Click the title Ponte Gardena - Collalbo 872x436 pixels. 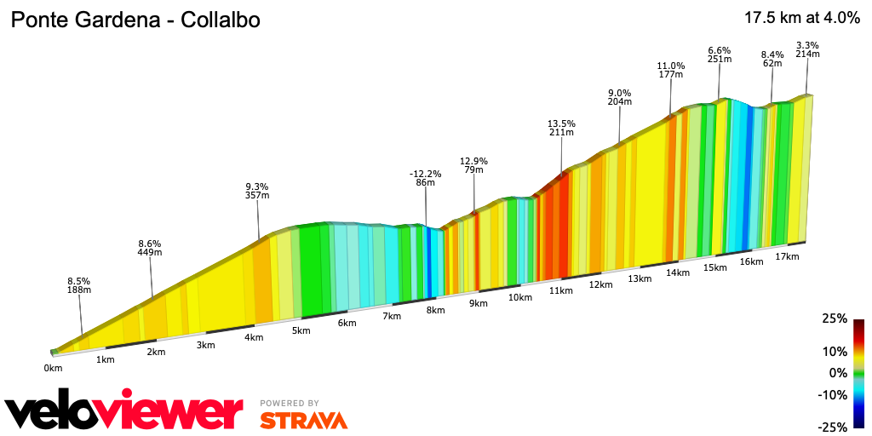pos(135,19)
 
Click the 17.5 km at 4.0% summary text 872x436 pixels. pos(801,18)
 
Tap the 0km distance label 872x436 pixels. pos(53,368)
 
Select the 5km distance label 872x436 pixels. pos(300,330)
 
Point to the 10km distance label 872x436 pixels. pos(519,297)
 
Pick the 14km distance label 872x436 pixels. pos(678,272)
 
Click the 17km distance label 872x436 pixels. pos(788,256)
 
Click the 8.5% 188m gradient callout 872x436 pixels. pos(79,285)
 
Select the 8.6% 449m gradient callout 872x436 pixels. pos(150,247)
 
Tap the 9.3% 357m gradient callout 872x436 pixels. pos(257,191)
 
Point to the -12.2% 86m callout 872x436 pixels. pos(425,178)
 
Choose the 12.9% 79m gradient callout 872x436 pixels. pos(473,165)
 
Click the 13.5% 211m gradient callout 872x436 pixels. pos(561,127)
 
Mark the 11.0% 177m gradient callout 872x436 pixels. pos(671,70)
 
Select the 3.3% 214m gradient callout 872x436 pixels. pos(807,49)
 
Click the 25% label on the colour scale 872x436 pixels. pos(835,318)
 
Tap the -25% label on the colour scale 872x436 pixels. pos(833,427)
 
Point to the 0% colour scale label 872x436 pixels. pos(839,373)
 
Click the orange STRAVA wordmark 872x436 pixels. pos(303,420)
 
